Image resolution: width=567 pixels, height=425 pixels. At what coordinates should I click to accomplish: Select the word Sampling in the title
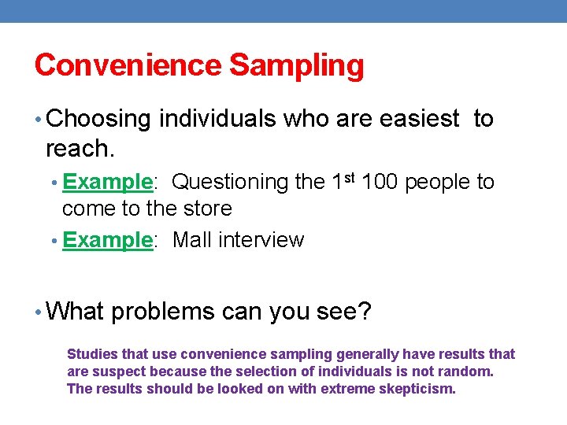click(297, 65)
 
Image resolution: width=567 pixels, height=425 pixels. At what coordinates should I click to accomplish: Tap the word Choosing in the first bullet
click(98, 119)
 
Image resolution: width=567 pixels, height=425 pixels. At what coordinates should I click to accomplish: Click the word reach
click(76, 147)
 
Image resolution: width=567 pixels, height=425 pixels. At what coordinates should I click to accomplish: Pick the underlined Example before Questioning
click(106, 182)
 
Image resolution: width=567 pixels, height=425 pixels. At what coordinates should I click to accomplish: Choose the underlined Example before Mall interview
click(106, 240)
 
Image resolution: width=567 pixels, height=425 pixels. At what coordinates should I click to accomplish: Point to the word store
click(206, 209)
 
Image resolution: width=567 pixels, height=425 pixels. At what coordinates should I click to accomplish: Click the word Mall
click(192, 240)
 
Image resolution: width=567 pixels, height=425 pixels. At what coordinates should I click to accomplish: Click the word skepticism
click(418, 389)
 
